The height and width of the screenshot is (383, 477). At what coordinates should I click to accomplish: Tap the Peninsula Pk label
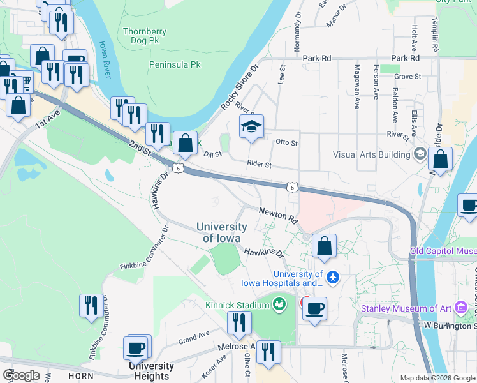click(175, 64)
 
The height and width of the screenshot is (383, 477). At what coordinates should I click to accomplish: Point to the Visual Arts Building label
click(372, 154)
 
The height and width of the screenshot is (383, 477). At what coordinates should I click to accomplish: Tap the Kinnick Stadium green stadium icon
click(279, 305)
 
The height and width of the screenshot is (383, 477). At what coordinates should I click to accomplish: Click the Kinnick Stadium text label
click(237, 305)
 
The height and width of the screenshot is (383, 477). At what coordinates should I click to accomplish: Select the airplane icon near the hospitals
click(332, 278)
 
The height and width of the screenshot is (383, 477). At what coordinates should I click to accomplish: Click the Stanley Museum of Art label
click(406, 309)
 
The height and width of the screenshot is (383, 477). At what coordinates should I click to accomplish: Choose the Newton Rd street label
click(279, 214)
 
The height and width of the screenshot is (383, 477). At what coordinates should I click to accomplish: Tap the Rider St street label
click(260, 165)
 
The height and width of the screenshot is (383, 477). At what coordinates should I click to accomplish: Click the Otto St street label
click(286, 142)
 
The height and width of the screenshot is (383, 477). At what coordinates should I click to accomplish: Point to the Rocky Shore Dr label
click(239, 86)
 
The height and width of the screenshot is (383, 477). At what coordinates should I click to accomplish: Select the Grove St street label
click(407, 77)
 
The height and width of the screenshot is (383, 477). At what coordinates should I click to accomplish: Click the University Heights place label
click(151, 370)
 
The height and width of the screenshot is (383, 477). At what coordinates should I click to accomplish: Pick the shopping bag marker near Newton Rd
click(324, 246)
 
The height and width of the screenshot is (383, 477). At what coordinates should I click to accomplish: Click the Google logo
click(22, 375)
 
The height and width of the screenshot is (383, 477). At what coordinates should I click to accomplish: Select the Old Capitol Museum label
click(443, 251)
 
